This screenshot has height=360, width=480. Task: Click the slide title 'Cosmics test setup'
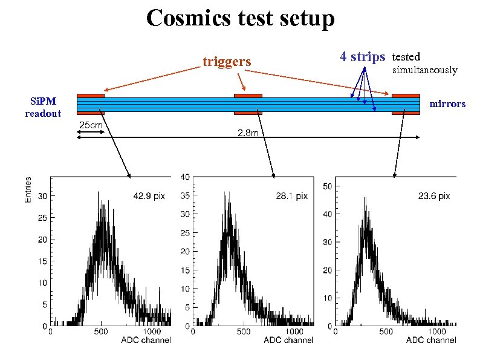pos(240,18)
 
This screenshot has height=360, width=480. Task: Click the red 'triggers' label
pos(227,62)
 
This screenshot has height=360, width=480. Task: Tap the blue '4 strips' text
pos(362,57)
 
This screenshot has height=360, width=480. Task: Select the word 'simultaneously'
pos(425,70)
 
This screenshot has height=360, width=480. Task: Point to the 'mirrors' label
pos(447,104)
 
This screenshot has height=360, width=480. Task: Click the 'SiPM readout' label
pos(43,107)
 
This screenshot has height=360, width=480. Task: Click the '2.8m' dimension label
pos(248,133)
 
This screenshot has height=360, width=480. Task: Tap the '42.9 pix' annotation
pos(149,196)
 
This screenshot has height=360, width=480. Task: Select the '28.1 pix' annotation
pos(292,196)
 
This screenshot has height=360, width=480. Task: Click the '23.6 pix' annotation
pos(434,196)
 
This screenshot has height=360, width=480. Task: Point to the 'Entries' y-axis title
pos(28,189)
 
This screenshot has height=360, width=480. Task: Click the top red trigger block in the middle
pos(248,95)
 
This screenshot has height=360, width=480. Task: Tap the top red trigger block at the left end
pos(91,95)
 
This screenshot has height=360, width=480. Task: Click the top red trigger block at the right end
pos(406,95)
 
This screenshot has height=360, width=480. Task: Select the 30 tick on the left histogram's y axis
pos(42,196)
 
